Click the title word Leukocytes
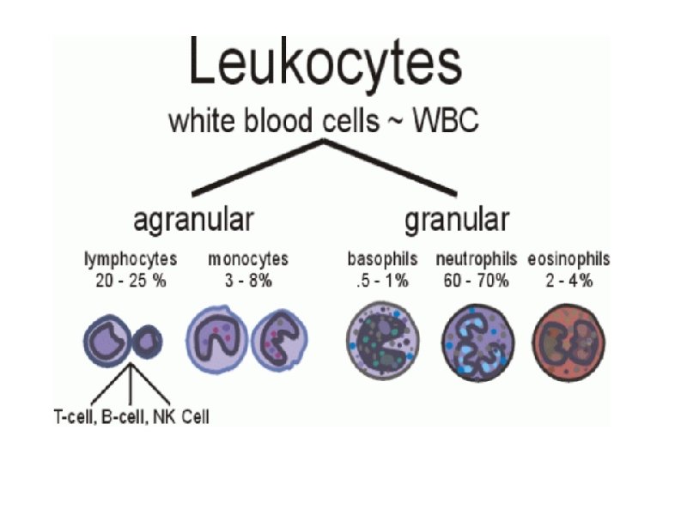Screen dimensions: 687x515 tap(325, 62)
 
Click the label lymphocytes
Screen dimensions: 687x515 tap(131, 258)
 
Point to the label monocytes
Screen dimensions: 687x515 tap(248, 258)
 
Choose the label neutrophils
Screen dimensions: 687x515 tap(477, 258)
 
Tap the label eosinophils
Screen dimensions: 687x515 tap(569, 258)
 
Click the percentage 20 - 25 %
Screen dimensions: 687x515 tap(131, 281)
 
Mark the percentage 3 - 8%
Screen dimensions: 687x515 tap(248, 281)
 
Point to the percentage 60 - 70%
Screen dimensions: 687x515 tap(477, 281)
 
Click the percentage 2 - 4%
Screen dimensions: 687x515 tap(569, 281)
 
